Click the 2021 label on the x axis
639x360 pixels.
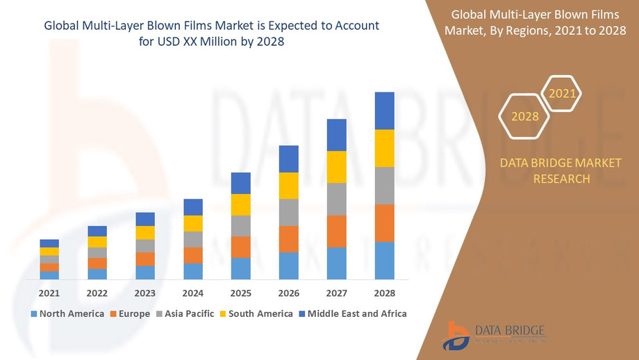[x=49, y=293]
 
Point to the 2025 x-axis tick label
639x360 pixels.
[x=240, y=293]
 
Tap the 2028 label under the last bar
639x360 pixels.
[x=384, y=293]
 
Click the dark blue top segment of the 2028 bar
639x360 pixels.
[x=384, y=111]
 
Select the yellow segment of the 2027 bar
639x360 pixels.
[x=336, y=167]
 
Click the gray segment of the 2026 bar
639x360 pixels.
[x=288, y=212]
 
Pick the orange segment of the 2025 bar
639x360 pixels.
[x=240, y=247]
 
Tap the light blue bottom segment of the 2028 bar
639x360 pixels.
[x=384, y=261]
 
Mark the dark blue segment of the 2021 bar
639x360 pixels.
[x=49, y=243]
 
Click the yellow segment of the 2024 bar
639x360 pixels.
[x=193, y=223]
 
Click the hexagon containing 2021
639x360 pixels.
[x=561, y=93]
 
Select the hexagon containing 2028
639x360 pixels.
[x=525, y=116]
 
